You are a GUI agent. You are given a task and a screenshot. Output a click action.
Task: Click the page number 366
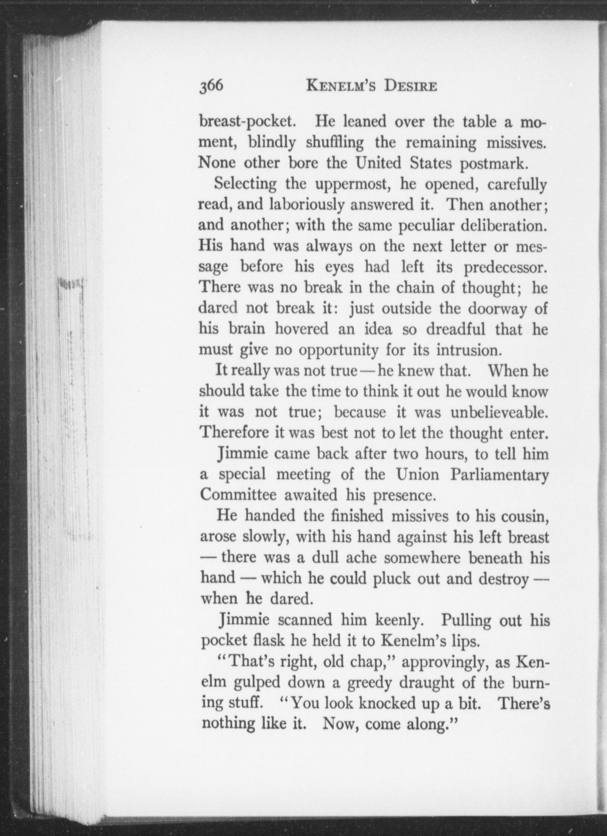pyautogui.click(x=211, y=87)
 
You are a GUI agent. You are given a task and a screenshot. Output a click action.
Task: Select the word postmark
pyautogui.click(x=494, y=163)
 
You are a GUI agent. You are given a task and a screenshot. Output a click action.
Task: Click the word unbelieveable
pyautogui.click(x=498, y=412)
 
